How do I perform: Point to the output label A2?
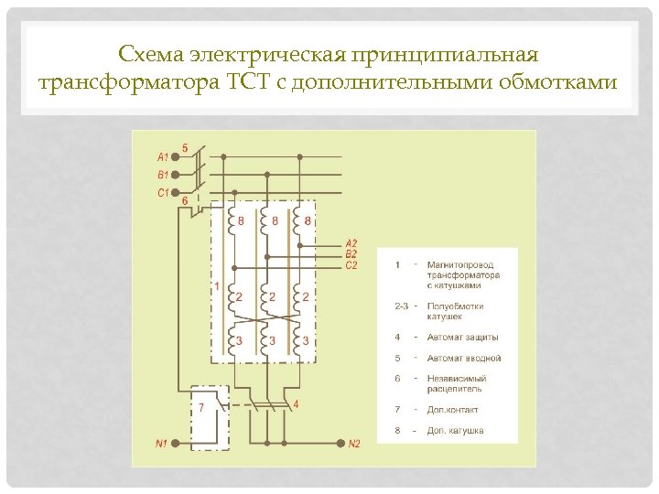(x=351, y=243)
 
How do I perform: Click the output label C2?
(x=351, y=265)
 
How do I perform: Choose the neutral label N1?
(x=161, y=445)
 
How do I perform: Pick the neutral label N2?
(x=354, y=445)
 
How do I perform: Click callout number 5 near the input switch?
(x=186, y=147)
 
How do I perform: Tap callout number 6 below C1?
(x=186, y=201)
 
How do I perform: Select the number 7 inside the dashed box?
(x=200, y=407)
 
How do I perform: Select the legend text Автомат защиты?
(x=458, y=338)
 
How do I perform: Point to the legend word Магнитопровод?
(x=462, y=264)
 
